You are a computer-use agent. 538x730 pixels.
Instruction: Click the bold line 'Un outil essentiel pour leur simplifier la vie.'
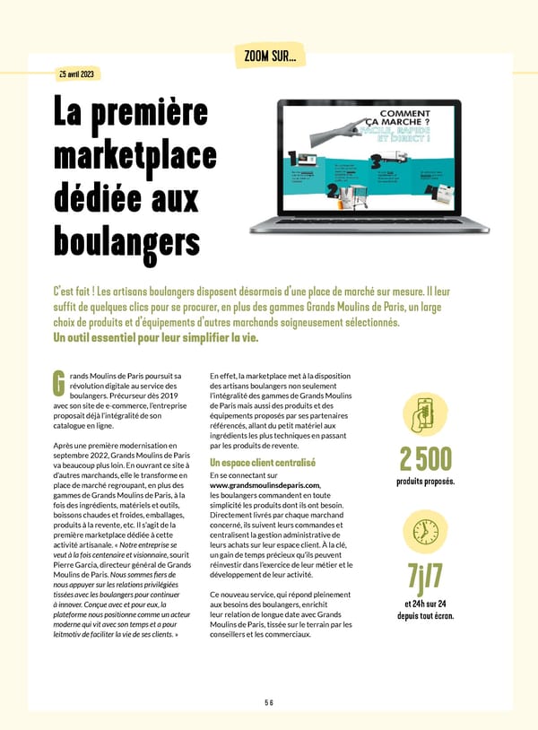156,338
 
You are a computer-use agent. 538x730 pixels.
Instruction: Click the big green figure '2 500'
426,458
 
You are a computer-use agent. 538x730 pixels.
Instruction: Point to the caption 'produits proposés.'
426,482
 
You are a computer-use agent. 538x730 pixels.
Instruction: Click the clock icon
426,530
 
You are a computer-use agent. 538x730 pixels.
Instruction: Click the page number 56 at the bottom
268,703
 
